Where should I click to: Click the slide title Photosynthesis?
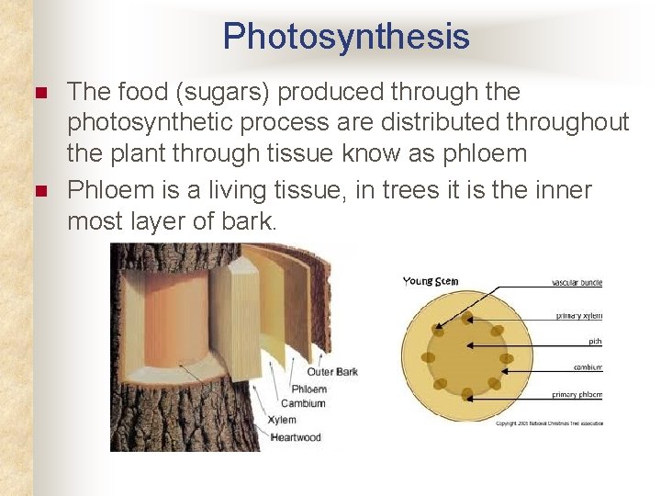(x=345, y=37)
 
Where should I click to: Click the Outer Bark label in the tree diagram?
(x=332, y=372)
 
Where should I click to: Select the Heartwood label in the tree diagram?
(x=296, y=437)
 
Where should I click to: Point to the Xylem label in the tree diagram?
(x=282, y=420)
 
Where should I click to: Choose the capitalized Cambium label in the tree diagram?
(x=303, y=404)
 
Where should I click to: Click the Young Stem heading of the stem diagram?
(x=431, y=282)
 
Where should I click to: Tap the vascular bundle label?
(x=577, y=283)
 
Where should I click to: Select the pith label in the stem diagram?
(x=596, y=341)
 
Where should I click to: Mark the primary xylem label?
(x=579, y=315)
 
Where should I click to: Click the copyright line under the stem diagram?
(x=549, y=423)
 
